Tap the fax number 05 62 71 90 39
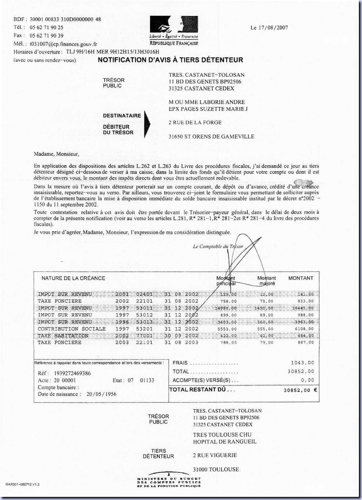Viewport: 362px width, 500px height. click(47, 36)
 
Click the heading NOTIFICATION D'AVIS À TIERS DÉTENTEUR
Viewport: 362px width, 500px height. click(170, 60)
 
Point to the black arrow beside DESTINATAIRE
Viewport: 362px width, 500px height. click(147, 124)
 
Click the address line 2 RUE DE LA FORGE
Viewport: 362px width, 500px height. click(195, 122)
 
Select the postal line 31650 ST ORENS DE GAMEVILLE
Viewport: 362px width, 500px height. click(211, 136)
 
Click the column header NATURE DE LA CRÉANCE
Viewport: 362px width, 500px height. click(73, 278)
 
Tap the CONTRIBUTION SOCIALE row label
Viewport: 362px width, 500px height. click(72, 329)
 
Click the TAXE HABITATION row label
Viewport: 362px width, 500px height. click(63, 336)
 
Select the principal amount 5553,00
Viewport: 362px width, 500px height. click(227, 329)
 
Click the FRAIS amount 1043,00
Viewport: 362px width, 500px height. click(302, 363)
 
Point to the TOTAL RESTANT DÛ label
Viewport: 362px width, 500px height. click(202, 389)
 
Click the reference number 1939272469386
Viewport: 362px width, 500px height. click(73, 373)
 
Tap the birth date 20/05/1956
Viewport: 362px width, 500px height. click(101, 394)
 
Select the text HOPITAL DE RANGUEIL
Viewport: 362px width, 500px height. click(225, 442)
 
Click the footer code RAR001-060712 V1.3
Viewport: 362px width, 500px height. click(22, 484)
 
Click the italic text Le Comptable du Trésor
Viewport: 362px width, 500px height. click(218, 247)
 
